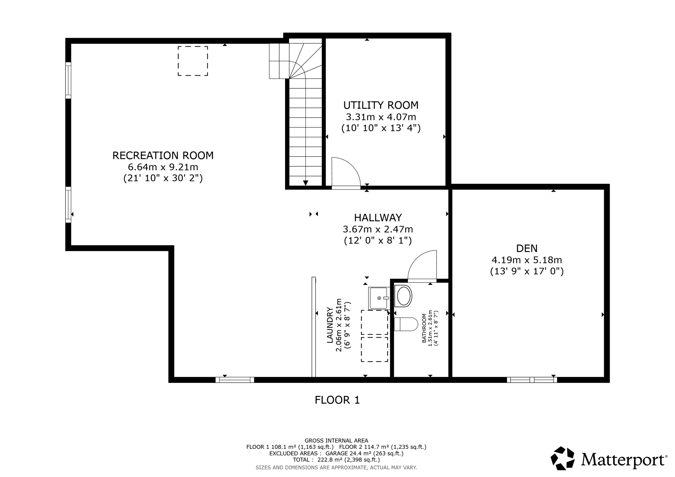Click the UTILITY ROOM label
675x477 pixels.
[x=381, y=105]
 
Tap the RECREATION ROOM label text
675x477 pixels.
[x=163, y=155]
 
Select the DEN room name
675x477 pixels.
[x=527, y=248]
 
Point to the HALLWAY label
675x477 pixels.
[x=378, y=218]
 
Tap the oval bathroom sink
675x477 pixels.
[x=404, y=296]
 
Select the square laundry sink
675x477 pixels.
[x=379, y=298]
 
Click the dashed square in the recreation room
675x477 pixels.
[x=192, y=61]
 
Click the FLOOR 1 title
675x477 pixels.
[x=337, y=400]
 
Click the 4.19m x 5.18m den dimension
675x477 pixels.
[x=527, y=260]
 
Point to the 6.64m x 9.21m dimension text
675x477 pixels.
[x=163, y=167]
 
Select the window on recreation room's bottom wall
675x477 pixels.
[x=235, y=380]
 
